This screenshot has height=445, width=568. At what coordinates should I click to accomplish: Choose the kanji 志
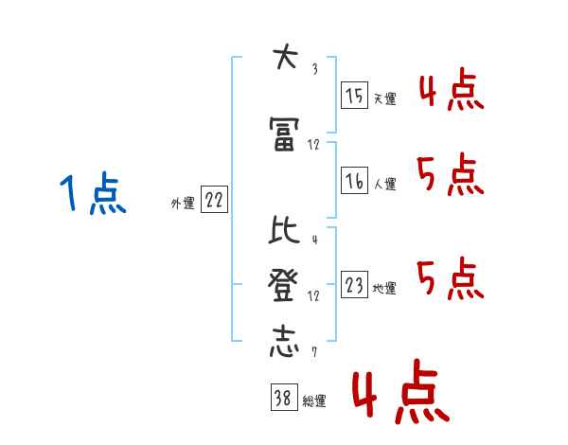[282, 340]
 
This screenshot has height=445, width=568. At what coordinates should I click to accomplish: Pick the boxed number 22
[214, 200]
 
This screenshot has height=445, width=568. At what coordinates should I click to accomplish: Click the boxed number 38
[281, 400]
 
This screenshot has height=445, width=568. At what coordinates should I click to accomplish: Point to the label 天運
[384, 98]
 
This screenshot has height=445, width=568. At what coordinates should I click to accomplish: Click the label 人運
[384, 184]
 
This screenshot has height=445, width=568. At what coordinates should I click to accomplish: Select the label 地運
[384, 288]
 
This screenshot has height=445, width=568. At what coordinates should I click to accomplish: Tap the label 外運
[183, 203]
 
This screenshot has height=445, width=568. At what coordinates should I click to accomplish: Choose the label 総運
[314, 401]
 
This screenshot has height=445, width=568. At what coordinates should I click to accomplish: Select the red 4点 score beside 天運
[450, 90]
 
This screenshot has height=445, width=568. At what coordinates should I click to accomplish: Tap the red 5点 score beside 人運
[450, 175]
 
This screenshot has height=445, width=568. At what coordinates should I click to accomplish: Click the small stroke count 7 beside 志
[313, 353]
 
